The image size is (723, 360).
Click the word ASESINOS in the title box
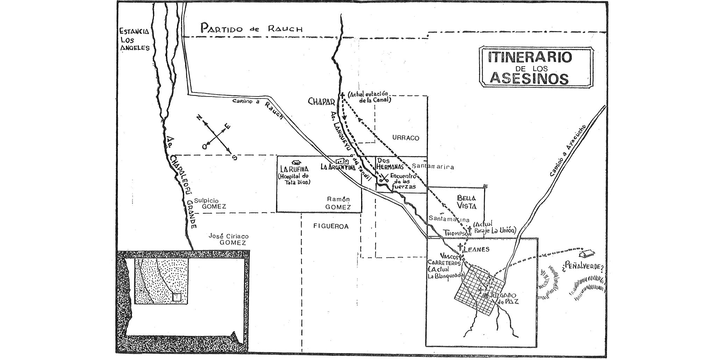click(x=529, y=78)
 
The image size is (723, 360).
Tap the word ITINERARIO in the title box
click(x=529, y=57)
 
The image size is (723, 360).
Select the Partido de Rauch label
click(x=251, y=28)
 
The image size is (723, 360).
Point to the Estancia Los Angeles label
click(x=134, y=40)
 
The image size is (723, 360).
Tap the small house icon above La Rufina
click(x=297, y=162)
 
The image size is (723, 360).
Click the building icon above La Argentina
click(x=342, y=161)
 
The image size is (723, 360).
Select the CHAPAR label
click(x=321, y=101)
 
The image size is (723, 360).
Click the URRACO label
click(x=405, y=138)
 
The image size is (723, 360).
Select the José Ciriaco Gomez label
click(x=227, y=239)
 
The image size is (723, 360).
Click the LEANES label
click(x=476, y=249)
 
